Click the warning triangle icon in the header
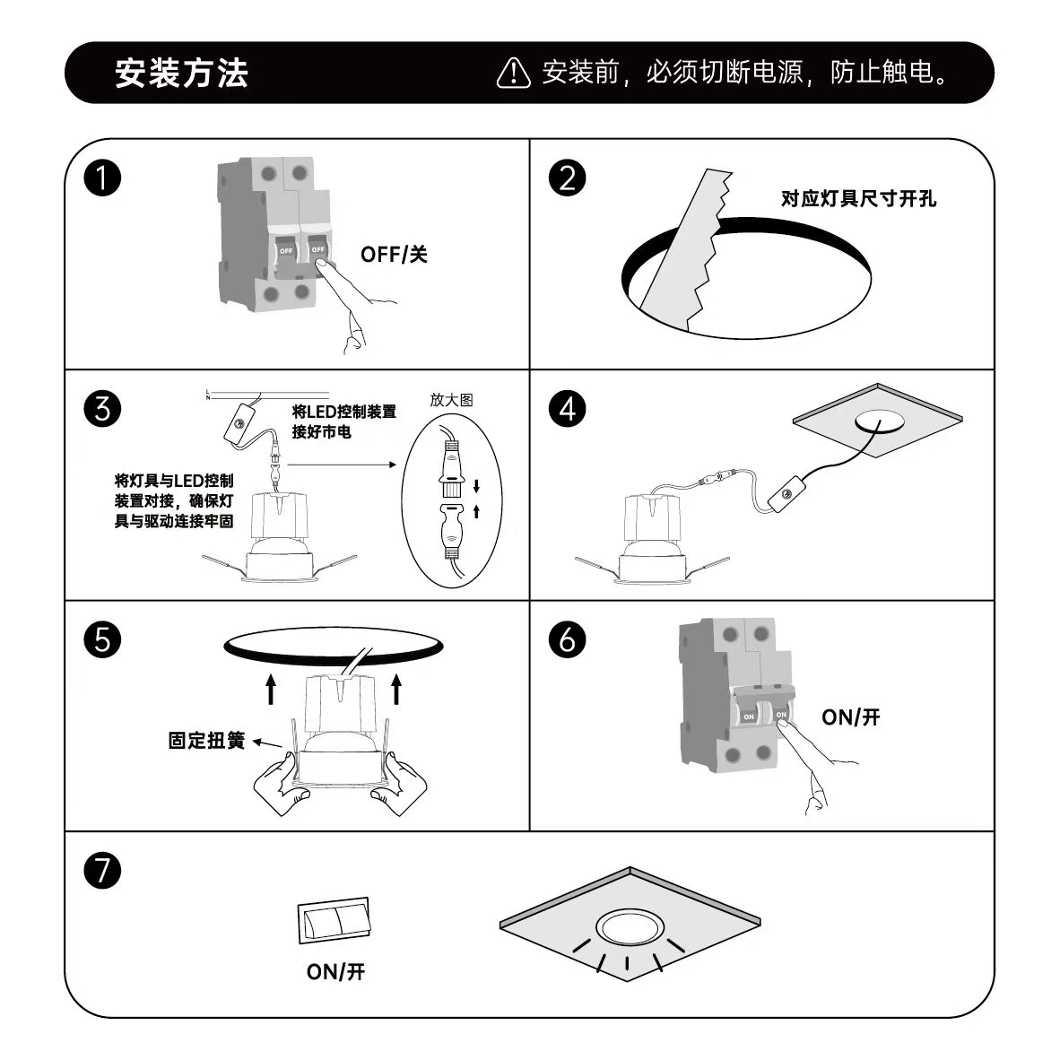coord(514,73)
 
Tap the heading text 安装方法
coord(181,73)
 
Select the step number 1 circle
coord(102,178)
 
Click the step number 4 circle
coord(567,409)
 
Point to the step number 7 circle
coord(102,870)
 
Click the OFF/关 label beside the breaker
coord(394,254)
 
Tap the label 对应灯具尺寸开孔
coord(858,199)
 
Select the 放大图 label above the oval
coord(452,400)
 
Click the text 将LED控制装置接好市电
coord(344,421)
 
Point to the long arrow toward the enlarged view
coord(342,465)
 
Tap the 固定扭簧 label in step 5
coord(206,740)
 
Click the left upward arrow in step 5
coord(271,689)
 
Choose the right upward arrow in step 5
coord(396,689)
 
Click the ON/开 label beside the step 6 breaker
coord(851,717)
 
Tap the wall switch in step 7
coord(335,921)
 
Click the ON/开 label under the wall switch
coord(335,971)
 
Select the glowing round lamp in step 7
coord(629,927)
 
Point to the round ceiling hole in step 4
coord(880,421)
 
